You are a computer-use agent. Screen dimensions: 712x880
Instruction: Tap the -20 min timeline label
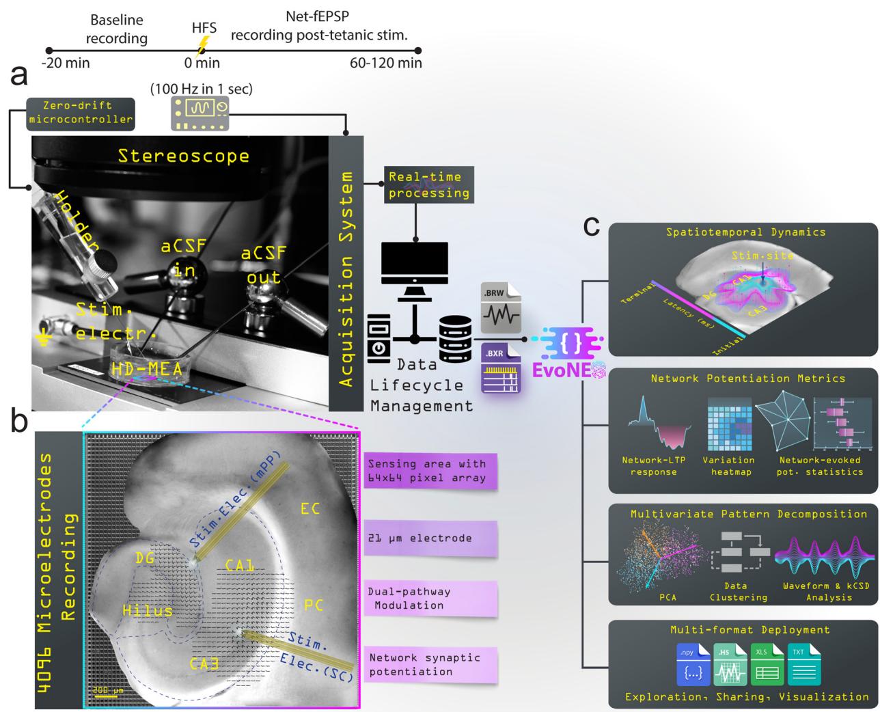pyautogui.click(x=66, y=64)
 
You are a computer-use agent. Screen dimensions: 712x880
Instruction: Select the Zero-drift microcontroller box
pyautogui.click(x=80, y=113)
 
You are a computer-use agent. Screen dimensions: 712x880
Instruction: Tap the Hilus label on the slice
pyautogui.click(x=148, y=610)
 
